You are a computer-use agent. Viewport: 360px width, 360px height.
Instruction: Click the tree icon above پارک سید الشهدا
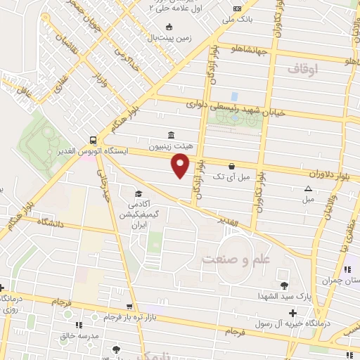tap(284, 285)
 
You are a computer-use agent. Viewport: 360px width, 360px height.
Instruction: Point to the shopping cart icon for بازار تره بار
tap(129, 307)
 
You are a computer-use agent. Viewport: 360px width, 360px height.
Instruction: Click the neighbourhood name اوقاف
tap(303, 69)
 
